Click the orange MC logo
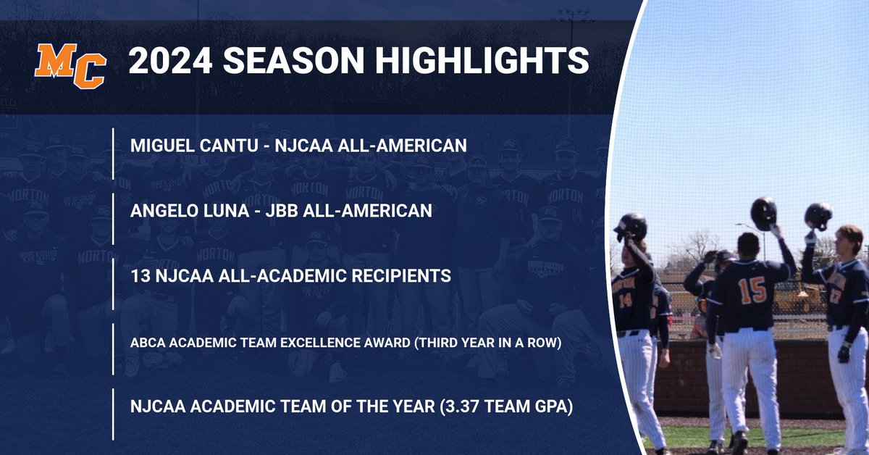pyautogui.click(x=70, y=65)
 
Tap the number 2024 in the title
pyautogui.click(x=169, y=62)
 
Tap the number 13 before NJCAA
pyautogui.click(x=139, y=276)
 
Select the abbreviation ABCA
pyautogui.click(x=147, y=342)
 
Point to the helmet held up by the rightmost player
pyautogui.click(x=818, y=216)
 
